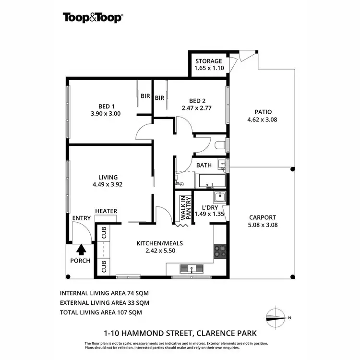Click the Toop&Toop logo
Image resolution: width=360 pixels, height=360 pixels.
[93, 18]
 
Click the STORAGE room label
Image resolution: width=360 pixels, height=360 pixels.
[208, 61]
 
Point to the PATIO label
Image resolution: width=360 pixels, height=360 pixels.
[262, 112]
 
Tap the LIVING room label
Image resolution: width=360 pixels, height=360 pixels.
[107, 177]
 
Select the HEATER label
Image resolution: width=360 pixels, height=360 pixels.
[106, 211]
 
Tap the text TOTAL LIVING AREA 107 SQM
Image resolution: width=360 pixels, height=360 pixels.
[101, 312]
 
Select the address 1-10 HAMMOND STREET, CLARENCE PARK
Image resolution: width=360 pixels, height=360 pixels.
[180, 332]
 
